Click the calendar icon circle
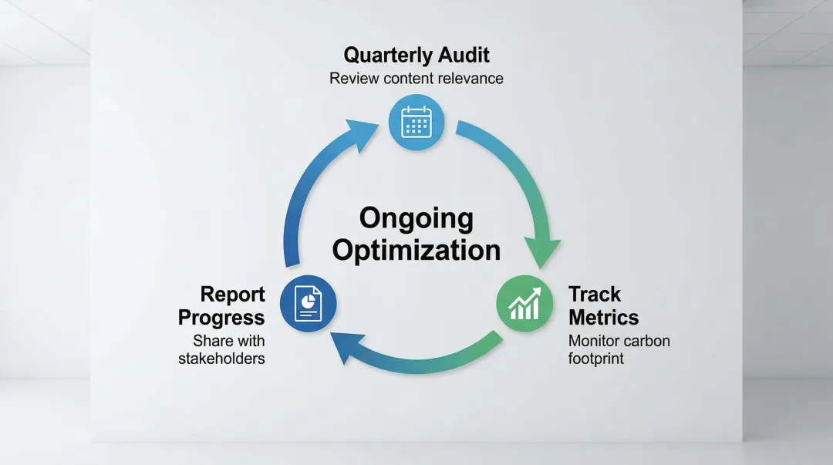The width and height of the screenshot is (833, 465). pos(416,123)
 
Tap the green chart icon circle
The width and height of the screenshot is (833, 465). pos(524,304)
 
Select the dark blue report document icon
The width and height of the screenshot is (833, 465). pos(308,304)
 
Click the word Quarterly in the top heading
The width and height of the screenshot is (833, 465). pos(387,56)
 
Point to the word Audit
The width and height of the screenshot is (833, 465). pos(464,55)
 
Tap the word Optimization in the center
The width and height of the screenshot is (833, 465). pos(416,251)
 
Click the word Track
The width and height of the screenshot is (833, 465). pos(595,294)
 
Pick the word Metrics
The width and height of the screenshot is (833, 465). pos(603,317)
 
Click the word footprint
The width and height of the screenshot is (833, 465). pos(596,359)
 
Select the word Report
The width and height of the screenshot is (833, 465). pos(233,295)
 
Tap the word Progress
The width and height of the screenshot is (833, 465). pos(221,318)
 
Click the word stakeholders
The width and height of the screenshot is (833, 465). pos(221,358)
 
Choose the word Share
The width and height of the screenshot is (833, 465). pos(211,341)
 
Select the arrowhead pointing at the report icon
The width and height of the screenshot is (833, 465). pos(347,346)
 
